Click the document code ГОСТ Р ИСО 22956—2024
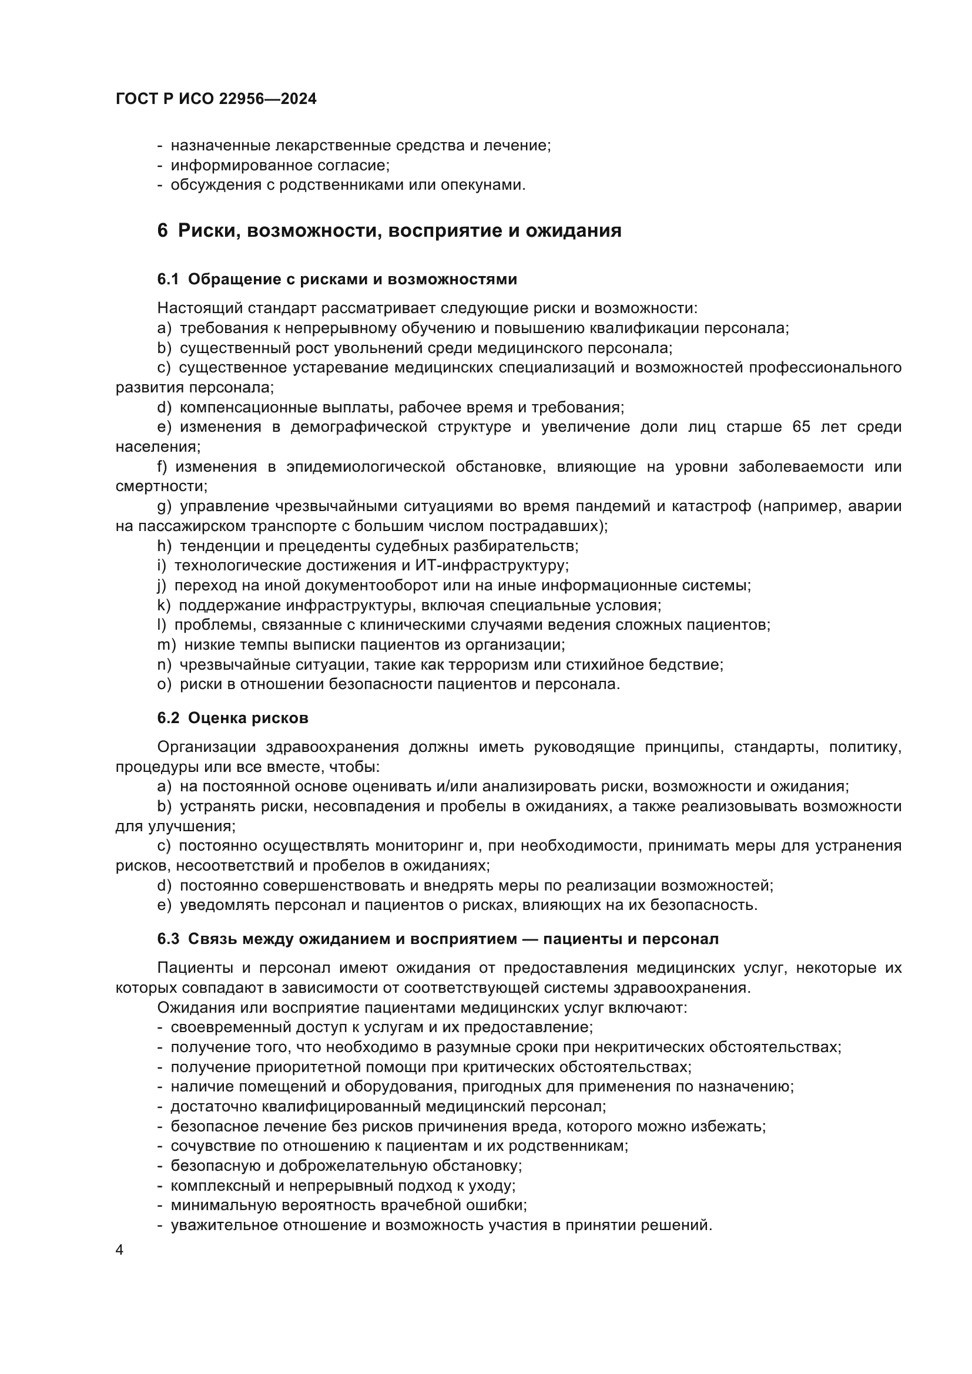pos(216,99)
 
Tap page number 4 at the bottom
pos(120,1250)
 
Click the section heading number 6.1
pos(168,280)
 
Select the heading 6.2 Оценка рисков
pos(233,718)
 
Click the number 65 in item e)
pos(802,427)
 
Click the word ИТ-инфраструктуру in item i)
pos(496,566)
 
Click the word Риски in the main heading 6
pos(207,230)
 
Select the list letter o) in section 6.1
pos(164,684)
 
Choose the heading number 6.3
pos(168,939)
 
